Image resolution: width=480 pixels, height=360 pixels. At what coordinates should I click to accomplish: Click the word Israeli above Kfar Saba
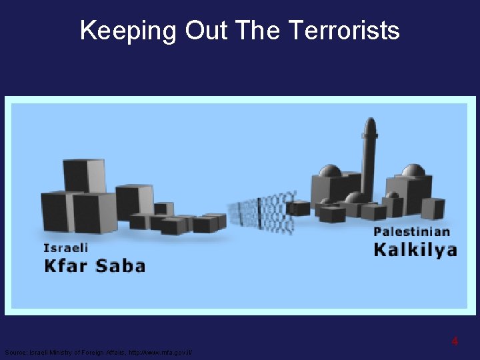point(65,248)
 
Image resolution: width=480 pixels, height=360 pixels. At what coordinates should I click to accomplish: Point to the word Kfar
point(67,266)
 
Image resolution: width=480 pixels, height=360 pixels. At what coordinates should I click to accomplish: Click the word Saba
point(119,266)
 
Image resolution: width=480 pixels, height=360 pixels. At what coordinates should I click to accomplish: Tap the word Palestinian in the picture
point(411,232)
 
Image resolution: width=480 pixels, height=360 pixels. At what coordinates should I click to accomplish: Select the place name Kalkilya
point(415,250)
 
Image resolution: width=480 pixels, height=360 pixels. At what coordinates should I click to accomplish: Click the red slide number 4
point(455,342)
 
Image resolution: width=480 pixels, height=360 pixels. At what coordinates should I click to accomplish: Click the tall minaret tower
point(368,160)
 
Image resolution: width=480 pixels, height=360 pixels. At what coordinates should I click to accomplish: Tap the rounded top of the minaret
point(369,124)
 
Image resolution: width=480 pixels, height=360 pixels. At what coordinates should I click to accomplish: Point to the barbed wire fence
point(267,212)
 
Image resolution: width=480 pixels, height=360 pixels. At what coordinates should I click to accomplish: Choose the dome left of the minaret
point(331,172)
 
